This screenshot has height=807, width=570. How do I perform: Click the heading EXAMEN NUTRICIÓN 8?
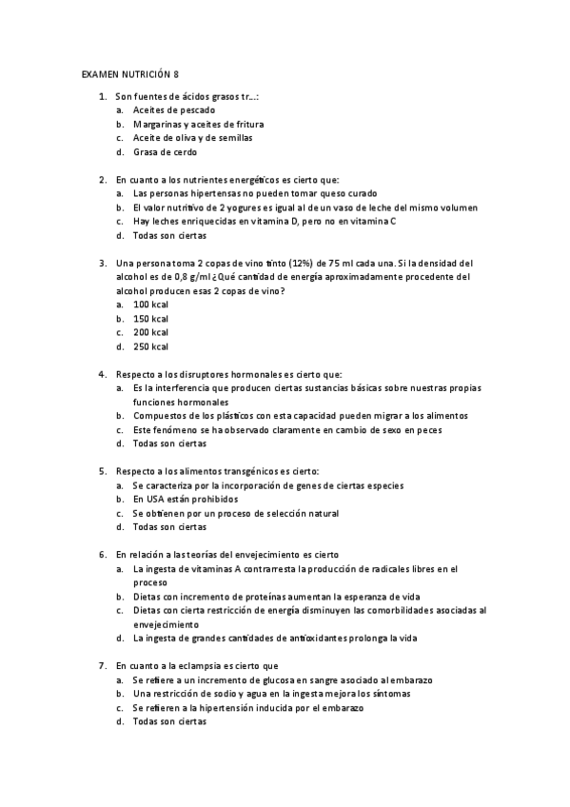coord(130,73)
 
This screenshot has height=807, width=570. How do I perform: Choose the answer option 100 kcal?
coord(150,305)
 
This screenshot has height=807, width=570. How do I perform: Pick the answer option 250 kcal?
coord(150,346)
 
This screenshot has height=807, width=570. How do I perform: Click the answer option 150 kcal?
coord(150,319)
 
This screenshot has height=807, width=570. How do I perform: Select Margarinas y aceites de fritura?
coord(198,124)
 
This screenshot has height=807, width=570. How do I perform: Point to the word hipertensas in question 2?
coord(203,193)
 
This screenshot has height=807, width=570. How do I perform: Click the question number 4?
coord(102,374)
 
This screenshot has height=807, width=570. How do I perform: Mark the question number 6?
coord(102,554)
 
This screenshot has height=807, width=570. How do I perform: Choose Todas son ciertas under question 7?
coord(169,721)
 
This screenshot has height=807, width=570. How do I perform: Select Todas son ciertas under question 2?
coord(169,235)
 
